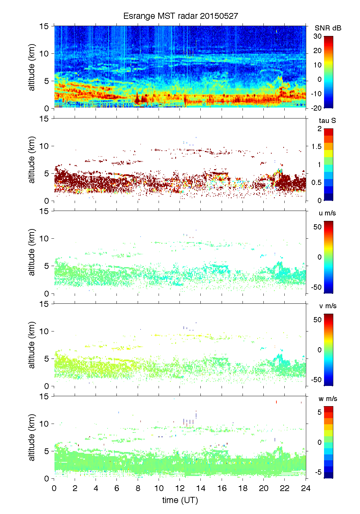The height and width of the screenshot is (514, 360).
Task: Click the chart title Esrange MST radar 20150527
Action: coord(181,16)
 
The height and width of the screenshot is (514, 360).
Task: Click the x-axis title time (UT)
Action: coord(180,500)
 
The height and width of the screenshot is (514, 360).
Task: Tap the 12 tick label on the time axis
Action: coord(180,488)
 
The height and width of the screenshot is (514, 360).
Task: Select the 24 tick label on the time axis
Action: coord(306,488)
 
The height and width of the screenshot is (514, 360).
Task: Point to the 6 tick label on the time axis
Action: coord(117,488)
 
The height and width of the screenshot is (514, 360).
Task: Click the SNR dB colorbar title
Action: coord(328,28)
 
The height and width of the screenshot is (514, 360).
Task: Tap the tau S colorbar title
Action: coord(327,121)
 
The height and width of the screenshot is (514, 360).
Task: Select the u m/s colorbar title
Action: coord(327,213)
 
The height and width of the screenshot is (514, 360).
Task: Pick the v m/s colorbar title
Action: coord(327,306)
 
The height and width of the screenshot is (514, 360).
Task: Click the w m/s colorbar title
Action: coord(328,399)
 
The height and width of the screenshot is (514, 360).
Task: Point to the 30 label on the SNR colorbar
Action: coord(318,36)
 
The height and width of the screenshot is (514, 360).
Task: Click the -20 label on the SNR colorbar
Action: coord(316,108)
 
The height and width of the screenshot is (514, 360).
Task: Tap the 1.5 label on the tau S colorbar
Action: coord(316,147)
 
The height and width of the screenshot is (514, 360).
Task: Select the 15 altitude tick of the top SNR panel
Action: coord(45,26)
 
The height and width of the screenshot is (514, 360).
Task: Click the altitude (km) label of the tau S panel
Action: coord(32,160)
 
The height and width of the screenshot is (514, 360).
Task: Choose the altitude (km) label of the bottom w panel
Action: coord(32,437)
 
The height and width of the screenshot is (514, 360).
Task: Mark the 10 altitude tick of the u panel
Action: coord(45,238)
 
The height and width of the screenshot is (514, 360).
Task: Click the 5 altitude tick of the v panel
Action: coord(47,359)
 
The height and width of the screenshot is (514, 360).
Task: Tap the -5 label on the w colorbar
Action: coord(318,472)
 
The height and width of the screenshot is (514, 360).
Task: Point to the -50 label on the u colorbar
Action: coord(316,287)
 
